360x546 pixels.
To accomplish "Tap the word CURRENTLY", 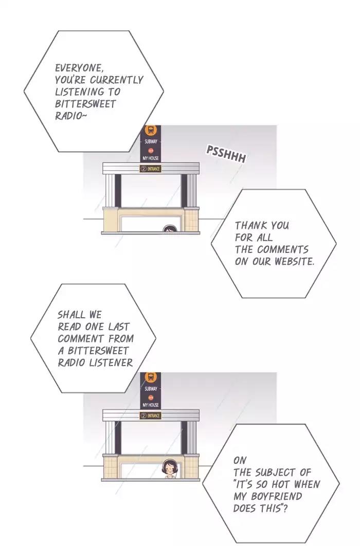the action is [116, 80].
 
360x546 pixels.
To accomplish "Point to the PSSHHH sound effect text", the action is [226, 154].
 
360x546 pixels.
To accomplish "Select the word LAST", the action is [119, 326].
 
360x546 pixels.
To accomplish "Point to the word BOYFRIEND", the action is [280, 496].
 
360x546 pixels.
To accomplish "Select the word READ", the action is [69, 326].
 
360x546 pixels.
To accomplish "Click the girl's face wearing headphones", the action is [170, 469].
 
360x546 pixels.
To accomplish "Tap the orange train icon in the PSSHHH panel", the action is [150, 131].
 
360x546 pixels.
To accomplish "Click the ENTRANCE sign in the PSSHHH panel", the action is [150, 169].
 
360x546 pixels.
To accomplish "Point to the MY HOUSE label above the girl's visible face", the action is [150, 405].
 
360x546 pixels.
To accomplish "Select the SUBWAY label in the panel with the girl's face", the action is [151, 389].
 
